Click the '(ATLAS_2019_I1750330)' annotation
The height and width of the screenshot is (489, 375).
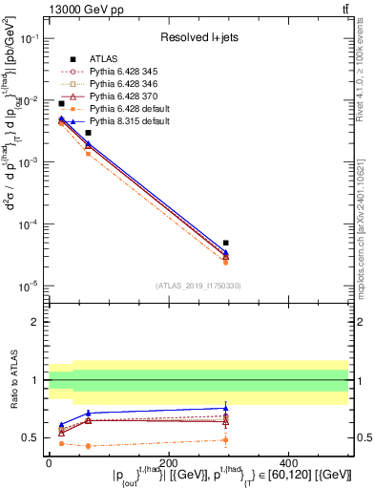pyautogui.click(x=198, y=285)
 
